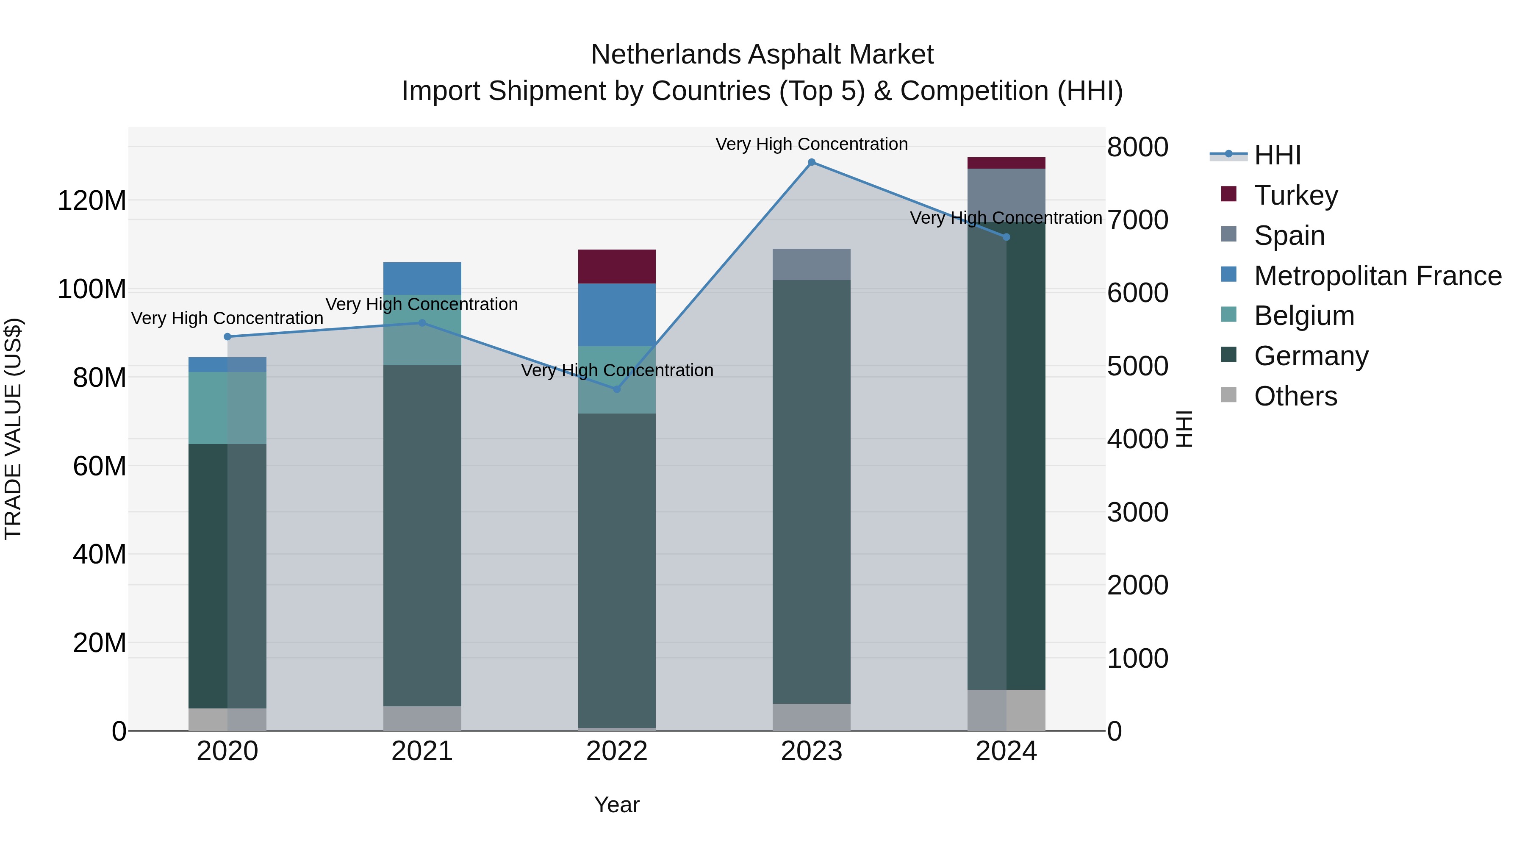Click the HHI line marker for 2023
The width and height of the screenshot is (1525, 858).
point(811,162)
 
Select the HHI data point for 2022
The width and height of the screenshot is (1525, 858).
point(616,389)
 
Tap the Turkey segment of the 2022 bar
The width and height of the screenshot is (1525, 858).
point(616,267)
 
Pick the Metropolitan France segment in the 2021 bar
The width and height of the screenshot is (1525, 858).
point(421,278)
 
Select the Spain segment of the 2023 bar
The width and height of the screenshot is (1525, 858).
point(811,264)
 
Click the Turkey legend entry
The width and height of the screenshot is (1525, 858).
point(1295,195)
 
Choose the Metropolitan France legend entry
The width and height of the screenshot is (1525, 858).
point(1377,275)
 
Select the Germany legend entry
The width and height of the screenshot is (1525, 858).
point(1311,356)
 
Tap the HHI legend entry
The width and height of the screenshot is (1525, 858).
point(1277,155)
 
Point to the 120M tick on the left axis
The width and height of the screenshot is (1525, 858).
point(92,201)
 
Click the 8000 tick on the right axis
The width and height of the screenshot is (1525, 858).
point(1137,147)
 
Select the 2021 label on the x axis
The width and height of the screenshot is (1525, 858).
point(421,751)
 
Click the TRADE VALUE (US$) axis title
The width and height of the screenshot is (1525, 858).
point(13,429)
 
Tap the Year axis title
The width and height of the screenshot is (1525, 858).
point(616,805)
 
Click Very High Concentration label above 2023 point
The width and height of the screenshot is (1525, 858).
point(811,144)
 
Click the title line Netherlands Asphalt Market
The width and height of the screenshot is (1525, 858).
point(762,55)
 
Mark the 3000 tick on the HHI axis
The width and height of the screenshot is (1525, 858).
point(1137,512)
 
